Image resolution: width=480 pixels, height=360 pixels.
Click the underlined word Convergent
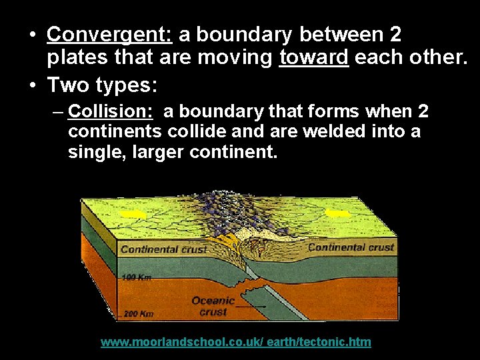click(109, 34)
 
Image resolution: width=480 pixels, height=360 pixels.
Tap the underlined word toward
click(314, 59)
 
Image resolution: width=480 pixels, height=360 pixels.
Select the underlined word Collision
click(111, 111)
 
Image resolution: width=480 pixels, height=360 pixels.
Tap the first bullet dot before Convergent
click(33, 35)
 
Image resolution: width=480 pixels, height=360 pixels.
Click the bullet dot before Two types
click(33, 85)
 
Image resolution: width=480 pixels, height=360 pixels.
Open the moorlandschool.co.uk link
click(235, 342)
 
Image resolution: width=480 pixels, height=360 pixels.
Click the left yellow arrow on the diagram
click(135, 214)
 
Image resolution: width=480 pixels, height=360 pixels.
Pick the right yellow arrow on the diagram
click(338, 213)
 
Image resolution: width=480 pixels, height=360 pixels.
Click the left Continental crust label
click(163, 250)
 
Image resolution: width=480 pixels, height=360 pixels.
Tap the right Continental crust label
click(351, 247)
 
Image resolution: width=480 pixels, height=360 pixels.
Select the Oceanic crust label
click(213, 306)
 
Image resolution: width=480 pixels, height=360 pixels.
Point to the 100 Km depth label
click(137, 277)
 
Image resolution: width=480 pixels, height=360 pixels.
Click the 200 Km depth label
click(138, 313)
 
